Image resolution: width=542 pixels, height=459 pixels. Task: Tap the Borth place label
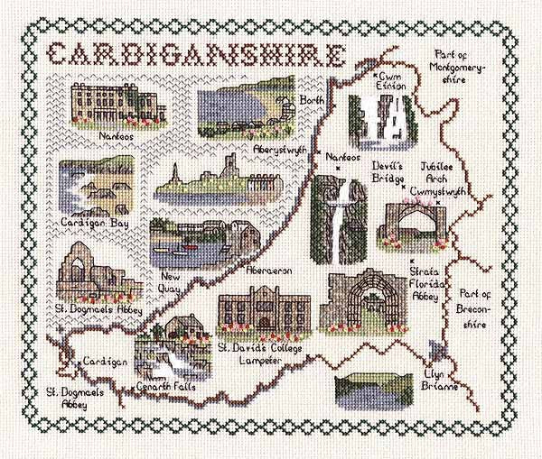coord(313,100)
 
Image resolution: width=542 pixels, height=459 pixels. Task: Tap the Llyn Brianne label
coord(439,380)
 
